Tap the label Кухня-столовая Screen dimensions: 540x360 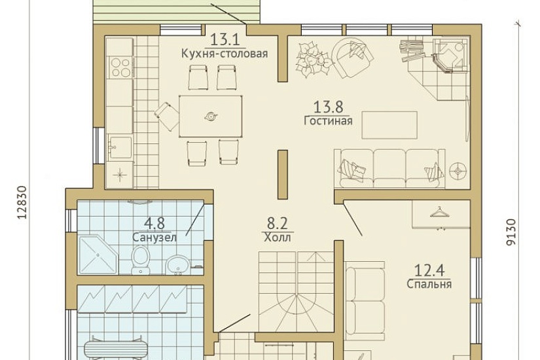[225, 54]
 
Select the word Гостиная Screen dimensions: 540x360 [328, 121]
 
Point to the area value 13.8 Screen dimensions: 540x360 [328, 107]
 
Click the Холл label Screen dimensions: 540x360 [278, 238]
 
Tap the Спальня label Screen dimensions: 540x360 [429, 284]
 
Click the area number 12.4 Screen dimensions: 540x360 [429, 270]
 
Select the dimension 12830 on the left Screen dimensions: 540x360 [22, 202]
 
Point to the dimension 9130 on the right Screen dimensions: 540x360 [511, 232]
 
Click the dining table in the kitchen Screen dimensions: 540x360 [210, 117]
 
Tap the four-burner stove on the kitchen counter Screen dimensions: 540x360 [120, 67]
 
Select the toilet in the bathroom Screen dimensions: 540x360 [141, 260]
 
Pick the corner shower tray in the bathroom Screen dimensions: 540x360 [98, 255]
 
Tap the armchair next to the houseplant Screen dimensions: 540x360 [352, 58]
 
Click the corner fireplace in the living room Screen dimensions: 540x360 [449, 56]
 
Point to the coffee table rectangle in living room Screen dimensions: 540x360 [389, 125]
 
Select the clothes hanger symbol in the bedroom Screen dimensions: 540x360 [439, 212]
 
